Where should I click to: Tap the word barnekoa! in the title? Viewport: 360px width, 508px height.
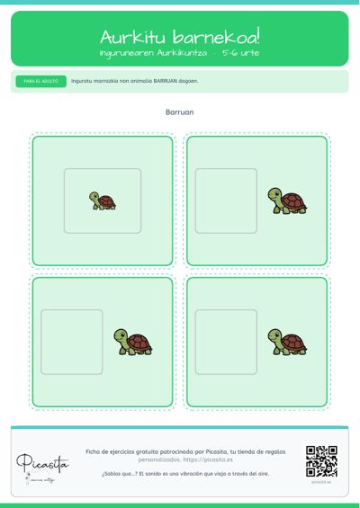216,37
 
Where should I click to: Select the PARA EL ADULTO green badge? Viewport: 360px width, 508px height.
41,81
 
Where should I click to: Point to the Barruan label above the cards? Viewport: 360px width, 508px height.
180,112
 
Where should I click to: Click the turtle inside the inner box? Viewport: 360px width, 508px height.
103,201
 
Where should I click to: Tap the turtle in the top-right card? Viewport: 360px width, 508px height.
287,201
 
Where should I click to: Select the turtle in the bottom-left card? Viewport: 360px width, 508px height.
133,342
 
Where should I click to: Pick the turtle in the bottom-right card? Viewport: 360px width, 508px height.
287,342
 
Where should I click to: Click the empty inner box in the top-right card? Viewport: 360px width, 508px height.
226,201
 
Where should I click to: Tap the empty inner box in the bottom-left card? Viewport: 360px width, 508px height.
72,343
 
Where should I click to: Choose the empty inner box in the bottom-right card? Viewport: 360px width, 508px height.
226,343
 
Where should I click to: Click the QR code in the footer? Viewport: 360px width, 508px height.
321,461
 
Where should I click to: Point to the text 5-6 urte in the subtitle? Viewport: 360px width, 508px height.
240,53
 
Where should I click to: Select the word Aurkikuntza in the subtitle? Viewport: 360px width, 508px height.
182,53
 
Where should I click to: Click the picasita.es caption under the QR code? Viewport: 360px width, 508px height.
321,482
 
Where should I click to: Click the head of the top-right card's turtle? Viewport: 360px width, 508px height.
274,194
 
